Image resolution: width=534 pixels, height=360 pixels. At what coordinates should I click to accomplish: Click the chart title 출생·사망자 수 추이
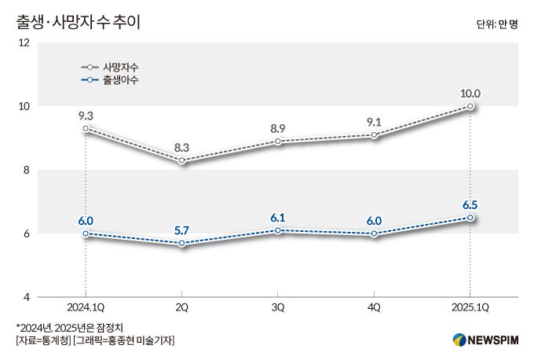point(78,22)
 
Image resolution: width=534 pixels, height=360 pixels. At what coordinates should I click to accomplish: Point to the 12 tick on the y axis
point(24,42)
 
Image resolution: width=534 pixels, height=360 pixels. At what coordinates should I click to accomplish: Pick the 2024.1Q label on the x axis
point(85,307)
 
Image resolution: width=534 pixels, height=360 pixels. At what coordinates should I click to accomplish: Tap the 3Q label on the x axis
point(278,307)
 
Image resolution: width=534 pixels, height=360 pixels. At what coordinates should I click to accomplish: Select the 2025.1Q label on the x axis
point(470,307)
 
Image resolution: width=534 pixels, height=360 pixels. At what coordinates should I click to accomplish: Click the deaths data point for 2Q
point(181,160)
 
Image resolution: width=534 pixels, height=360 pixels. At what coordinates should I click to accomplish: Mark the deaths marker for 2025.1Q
point(470,106)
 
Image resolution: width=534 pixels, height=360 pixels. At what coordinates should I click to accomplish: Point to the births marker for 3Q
point(278,230)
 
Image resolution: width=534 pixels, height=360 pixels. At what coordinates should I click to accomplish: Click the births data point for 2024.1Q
point(85,233)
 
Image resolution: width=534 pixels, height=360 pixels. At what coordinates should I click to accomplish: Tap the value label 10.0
point(470,93)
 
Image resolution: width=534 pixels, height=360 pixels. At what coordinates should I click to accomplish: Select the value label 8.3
point(181,147)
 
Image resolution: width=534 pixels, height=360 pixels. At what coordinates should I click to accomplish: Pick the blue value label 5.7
point(181,230)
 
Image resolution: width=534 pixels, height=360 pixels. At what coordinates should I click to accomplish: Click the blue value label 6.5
point(470,204)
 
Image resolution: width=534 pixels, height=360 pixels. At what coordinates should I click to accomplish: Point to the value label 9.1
point(374,122)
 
